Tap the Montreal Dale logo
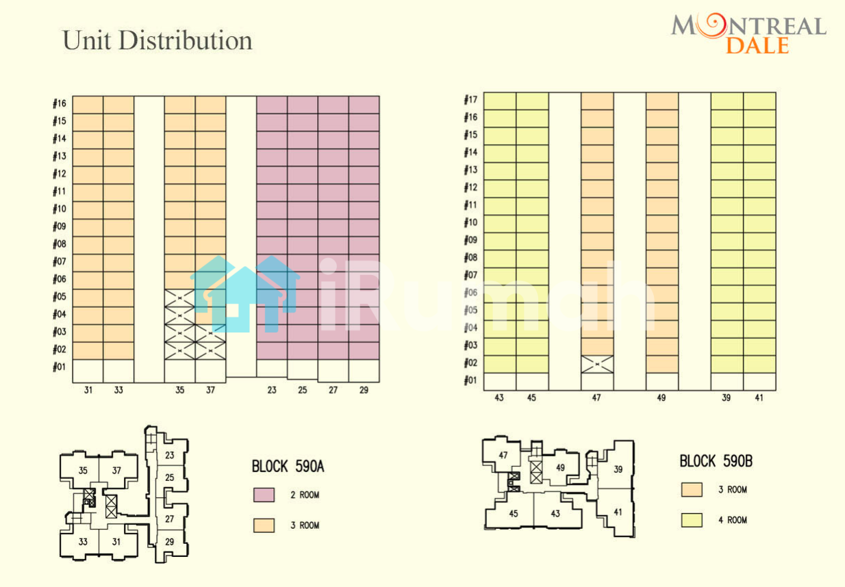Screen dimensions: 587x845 click(x=748, y=34)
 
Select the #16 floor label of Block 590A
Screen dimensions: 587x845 click(x=60, y=104)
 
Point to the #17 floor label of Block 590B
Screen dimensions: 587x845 click(x=470, y=99)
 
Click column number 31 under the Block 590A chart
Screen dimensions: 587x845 click(x=88, y=391)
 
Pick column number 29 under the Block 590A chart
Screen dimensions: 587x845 click(x=364, y=391)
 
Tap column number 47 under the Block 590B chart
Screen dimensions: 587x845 click(x=596, y=398)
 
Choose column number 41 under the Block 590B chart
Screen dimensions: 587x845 click(x=760, y=398)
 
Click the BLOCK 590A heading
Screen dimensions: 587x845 click(x=288, y=467)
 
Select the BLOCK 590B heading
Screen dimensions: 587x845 click(x=716, y=461)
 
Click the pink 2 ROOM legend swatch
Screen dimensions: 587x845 click(x=264, y=495)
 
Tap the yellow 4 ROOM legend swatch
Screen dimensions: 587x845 click(x=692, y=520)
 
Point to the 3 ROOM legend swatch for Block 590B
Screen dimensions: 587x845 click(x=692, y=490)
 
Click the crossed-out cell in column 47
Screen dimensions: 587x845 click(x=597, y=364)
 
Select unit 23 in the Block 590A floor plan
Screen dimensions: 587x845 click(x=169, y=456)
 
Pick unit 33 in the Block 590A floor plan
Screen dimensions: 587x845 click(x=82, y=542)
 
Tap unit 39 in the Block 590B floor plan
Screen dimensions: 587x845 click(x=618, y=469)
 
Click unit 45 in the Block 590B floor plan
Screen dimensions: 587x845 click(x=514, y=514)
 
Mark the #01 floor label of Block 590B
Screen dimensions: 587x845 click(x=470, y=380)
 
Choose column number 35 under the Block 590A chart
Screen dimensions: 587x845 click(x=179, y=391)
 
